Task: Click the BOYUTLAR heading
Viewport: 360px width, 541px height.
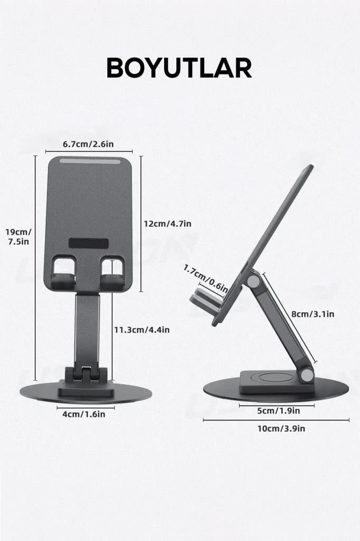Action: click(x=179, y=69)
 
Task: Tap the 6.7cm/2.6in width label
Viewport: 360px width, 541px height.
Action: click(x=88, y=144)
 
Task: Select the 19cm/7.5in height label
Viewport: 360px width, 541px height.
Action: click(x=18, y=236)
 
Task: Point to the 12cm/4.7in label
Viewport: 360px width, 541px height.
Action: click(x=167, y=223)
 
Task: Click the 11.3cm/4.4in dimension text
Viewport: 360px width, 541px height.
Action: click(x=141, y=330)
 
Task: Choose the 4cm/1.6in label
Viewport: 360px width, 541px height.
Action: click(x=84, y=414)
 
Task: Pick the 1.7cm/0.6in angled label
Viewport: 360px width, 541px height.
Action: click(x=206, y=278)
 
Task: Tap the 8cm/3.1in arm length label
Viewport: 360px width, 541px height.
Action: click(x=313, y=314)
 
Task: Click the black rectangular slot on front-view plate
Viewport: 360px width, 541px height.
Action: click(x=89, y=244)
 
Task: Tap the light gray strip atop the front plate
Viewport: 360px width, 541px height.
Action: click(x=89, y=161)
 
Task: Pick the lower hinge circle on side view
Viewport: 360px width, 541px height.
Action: click(x=306, y=375)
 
